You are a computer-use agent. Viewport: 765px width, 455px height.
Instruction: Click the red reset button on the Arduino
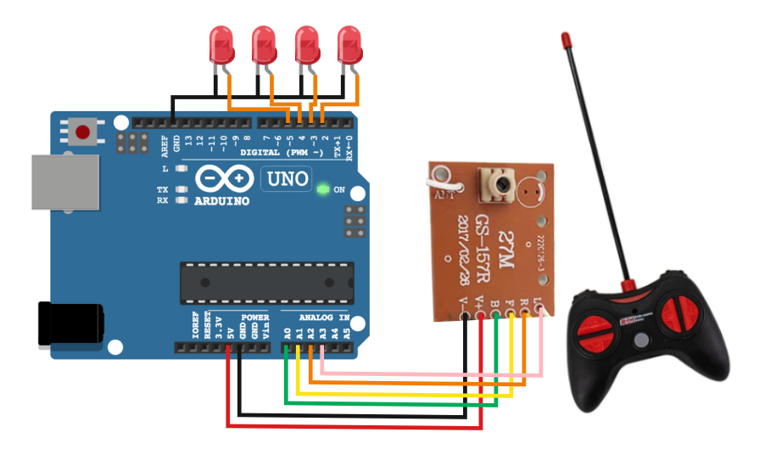(83, 132)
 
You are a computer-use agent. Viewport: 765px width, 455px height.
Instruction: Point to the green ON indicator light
(322, 188)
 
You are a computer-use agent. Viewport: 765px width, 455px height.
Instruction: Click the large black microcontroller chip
(265, 281)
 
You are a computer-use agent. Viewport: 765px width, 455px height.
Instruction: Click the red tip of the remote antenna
(565, 39)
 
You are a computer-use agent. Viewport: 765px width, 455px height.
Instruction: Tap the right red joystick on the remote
(688, 312)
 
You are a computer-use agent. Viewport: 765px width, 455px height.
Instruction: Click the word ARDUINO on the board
(222, 201)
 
